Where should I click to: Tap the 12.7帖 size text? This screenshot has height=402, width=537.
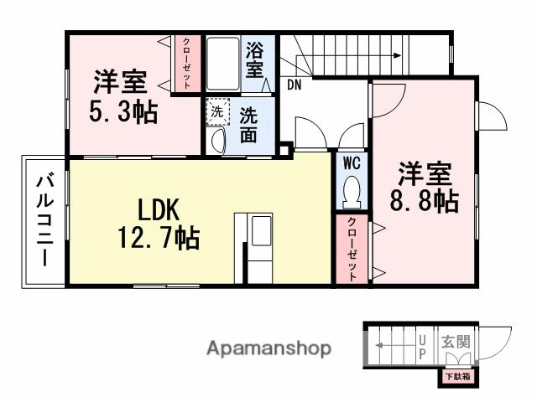pos(158,240)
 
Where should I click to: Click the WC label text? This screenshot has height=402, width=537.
pos(351,161)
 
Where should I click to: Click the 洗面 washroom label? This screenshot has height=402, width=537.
pos(249,125)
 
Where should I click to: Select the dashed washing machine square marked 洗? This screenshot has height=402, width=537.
pos(216,110)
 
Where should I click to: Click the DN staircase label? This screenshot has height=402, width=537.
pos(295,85)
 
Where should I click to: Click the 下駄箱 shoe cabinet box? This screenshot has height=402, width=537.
pos(457,378)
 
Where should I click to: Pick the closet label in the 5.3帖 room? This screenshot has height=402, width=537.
pos(185,63)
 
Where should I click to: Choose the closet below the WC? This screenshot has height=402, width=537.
pos(352,249)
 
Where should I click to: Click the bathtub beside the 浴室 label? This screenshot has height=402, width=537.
pos(223,63)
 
